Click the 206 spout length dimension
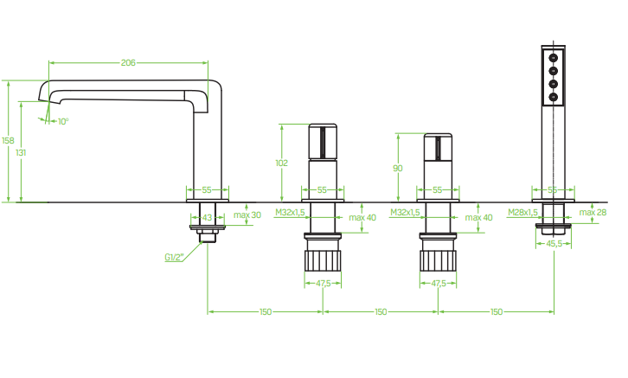pyautogui.click(x=128, y=62)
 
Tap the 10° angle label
pyautogui.click(x=63, y=121)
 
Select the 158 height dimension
pyautogui.click(x=8, y=141)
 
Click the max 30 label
pyautogui.click(x=247, y=215)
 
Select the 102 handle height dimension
pyautogui.click(x=281, y=163)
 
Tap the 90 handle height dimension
pyautogui.click(x=398, y=169)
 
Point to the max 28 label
pyautogui.click(x=593, y=213)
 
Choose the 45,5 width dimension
pyautogui.click(x=554, y=244)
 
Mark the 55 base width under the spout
pyautogui.click(x=208, y=189)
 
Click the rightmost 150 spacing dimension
pyautogui.click(x=496, y=311)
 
